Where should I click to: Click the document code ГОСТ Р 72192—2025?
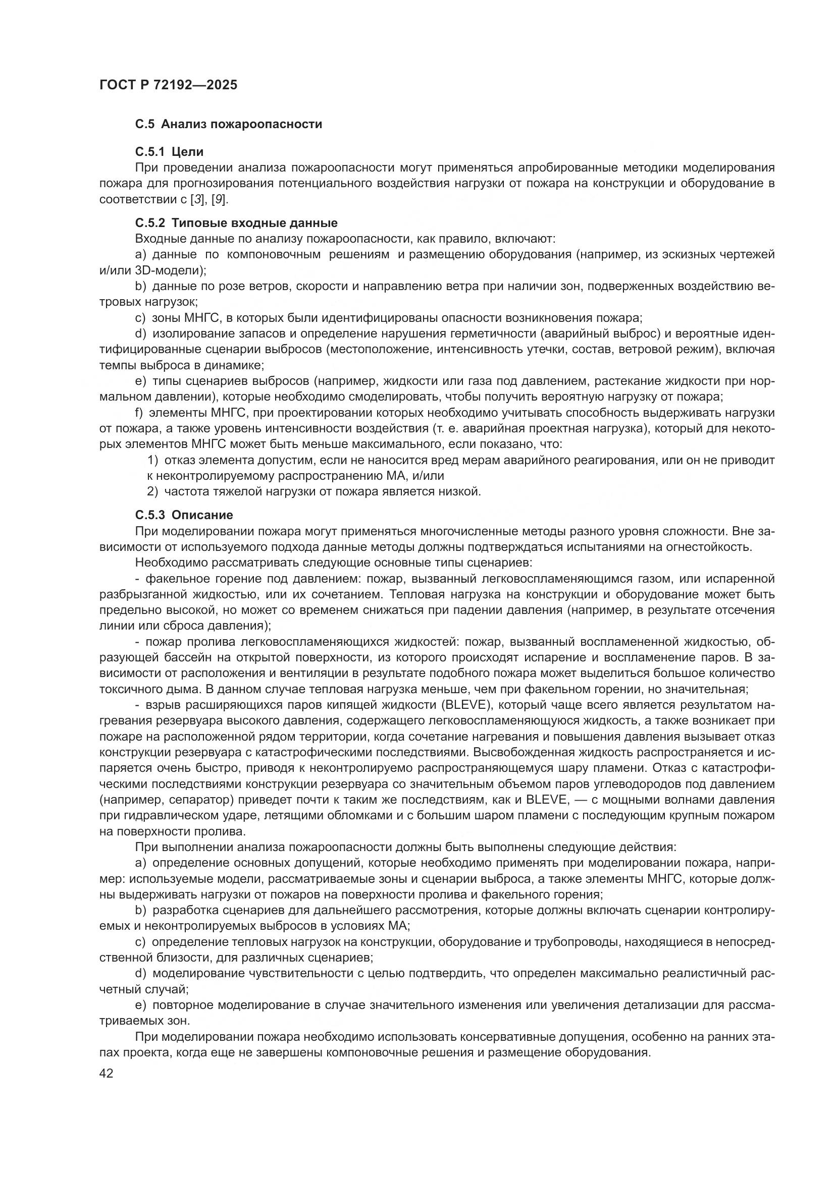(169, 85)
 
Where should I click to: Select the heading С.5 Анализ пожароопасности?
(228, 124)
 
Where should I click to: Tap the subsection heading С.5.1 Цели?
(169, 152)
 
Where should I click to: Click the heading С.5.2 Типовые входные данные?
(236, 223)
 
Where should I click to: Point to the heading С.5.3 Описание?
(184, 515)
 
